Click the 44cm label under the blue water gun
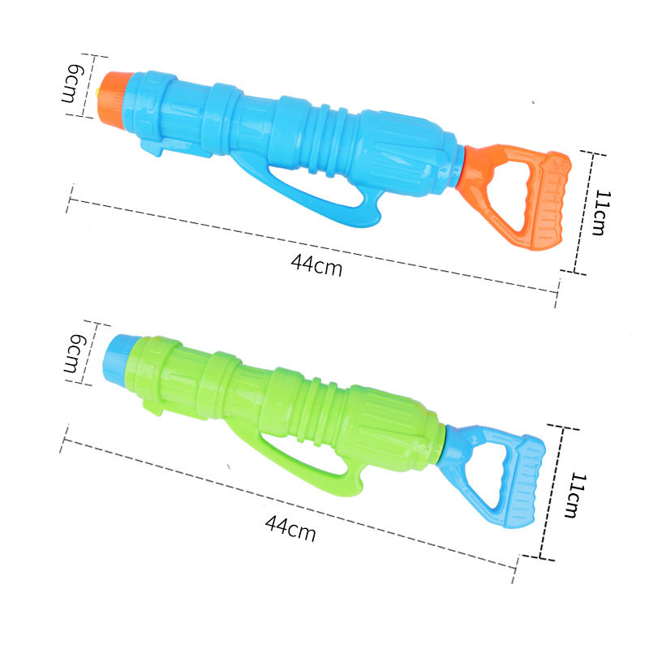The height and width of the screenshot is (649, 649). (316, 264)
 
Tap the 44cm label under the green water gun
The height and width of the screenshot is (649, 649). (290, 528)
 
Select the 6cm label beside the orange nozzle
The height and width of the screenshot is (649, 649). (73, 84)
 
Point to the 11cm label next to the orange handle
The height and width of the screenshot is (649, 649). (602, 213)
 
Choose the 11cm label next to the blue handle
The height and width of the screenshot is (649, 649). (576, 495)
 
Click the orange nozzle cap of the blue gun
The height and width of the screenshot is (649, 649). (114, 99)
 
